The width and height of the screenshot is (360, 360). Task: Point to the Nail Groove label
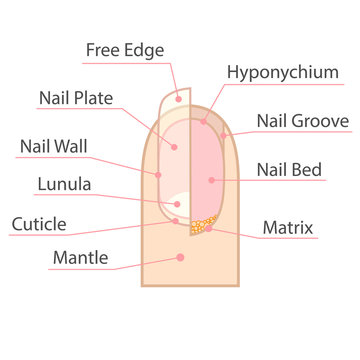302,122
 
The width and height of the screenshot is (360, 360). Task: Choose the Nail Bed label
289,170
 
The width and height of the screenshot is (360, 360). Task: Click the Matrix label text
288,228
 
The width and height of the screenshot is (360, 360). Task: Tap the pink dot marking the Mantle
180,257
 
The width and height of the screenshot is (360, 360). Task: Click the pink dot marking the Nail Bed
211,180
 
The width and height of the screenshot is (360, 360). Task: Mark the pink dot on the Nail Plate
172,146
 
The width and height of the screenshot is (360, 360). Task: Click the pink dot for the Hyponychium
203,122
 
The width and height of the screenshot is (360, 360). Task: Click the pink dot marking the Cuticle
176,221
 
